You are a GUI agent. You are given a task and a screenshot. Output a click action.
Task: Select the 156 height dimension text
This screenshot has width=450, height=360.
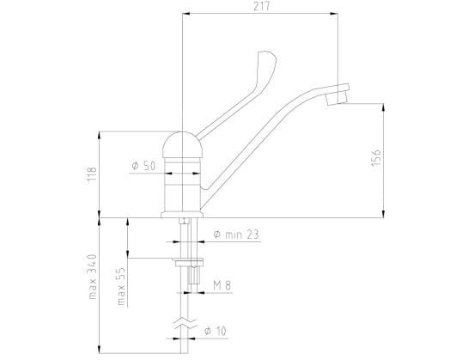click(375, 159)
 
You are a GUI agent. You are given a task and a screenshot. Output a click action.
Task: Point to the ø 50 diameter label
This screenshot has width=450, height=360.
click(143, 166)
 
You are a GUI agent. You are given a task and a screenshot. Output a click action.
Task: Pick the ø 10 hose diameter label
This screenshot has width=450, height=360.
click(215, 330)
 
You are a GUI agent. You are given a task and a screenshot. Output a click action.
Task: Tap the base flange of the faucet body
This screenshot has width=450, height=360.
click(183, 212)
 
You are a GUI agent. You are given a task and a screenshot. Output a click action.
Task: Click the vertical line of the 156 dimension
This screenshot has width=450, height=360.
click(382, 159)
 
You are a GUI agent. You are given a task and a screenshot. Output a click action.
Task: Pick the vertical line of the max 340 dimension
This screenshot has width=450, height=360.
click(100, 284)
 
